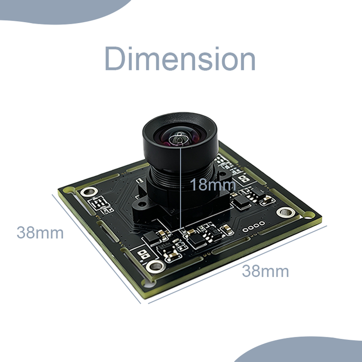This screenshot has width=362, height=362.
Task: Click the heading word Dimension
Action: pyautogui.click(x=180, y=58)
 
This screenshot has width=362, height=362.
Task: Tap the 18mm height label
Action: pyautogui.click(x=213, y=185)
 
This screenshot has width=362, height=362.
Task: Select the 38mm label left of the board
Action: pyautogui.click(x=40, y=232)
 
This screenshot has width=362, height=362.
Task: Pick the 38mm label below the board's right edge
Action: pyautogui.click(x=265, y=271)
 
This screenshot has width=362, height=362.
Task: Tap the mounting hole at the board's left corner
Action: pyautogui.click(x=89, y=192)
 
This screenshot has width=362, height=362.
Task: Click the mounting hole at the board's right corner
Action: pyautogui.click(x=286, y=212)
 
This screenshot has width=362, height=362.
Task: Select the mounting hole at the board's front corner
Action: pyautogui.click(x=156, y=266)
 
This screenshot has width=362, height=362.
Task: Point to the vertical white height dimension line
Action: pyautogui.click(x=180, y=188)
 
